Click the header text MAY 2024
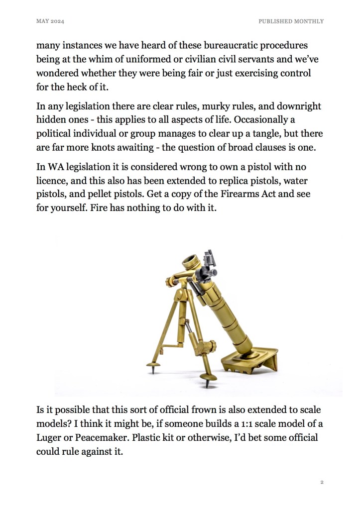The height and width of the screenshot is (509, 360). pos(50,21)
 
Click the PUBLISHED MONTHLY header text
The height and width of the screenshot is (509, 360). pos(291,21)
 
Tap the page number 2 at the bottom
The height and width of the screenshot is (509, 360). pos(322,482)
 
